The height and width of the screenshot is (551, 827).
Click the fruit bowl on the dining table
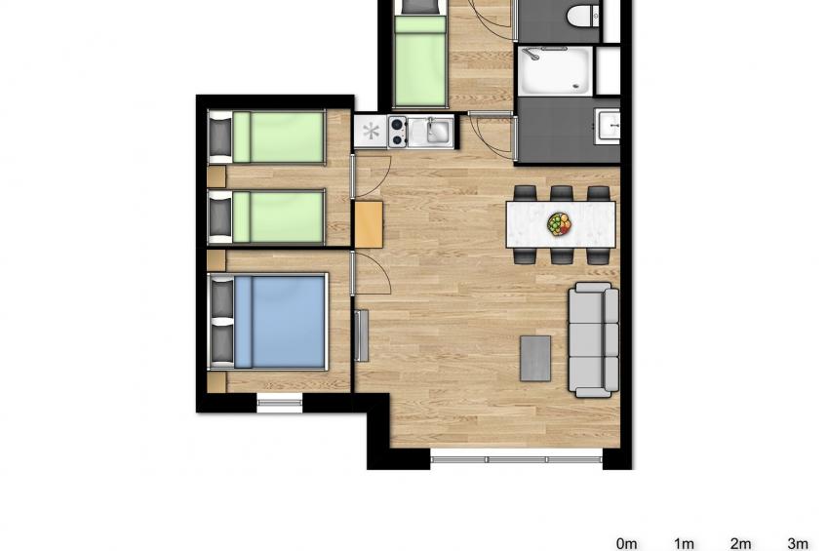[559, 225]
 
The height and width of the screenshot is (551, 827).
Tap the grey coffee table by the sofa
[535, 358]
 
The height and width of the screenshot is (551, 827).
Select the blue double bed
[278, 321]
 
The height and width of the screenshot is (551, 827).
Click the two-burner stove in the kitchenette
[397, 132]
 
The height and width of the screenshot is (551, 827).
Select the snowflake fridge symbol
[371, 132]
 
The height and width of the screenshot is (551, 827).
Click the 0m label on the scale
[626, 543]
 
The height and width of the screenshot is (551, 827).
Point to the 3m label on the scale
[798, 543]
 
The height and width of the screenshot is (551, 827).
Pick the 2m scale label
[740, 543]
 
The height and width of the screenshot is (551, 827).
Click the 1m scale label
[684, 543]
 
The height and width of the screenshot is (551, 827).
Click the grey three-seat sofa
[594, 339]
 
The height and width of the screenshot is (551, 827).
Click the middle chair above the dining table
[561, 193]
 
